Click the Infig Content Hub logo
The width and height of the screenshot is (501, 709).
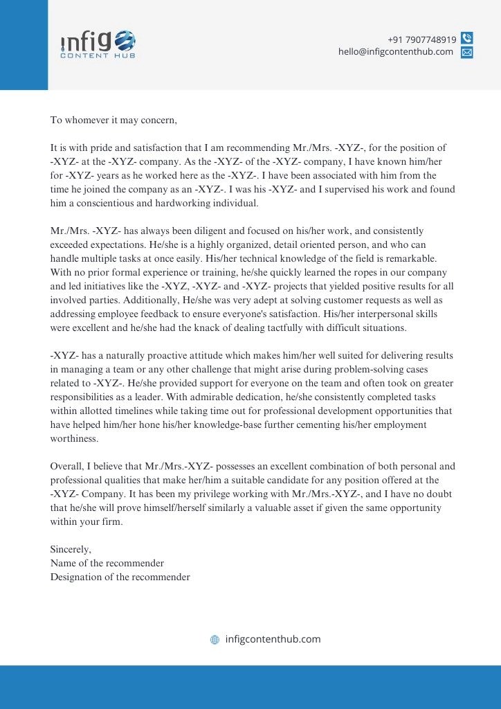point(98,44)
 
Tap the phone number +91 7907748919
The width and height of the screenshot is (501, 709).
point(421,39)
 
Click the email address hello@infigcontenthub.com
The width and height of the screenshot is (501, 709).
point(395,52)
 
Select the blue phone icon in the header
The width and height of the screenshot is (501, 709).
point(467,39)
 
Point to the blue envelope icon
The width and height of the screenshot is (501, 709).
point(467,52)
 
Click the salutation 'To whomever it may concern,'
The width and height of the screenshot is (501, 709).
point(113,120)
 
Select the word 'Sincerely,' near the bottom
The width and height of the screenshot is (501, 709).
point(71,550)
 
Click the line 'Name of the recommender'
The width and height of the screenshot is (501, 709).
point(107,564)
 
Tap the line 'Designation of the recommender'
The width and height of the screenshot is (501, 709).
point(120,577)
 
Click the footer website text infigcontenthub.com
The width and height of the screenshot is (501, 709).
point(273,640)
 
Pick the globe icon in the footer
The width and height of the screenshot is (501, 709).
point(215,640)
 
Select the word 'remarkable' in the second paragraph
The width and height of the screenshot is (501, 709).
point(411,259)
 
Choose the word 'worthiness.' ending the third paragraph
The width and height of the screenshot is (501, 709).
point(75,439)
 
